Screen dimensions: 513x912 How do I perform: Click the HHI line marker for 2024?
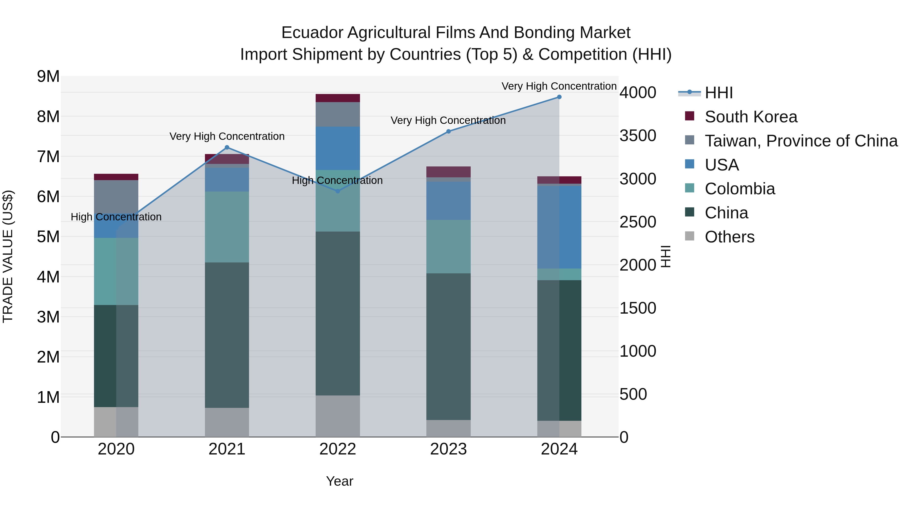point(559,97)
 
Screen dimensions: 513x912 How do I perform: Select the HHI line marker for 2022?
point(337,191)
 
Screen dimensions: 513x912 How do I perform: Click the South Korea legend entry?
point(751,117)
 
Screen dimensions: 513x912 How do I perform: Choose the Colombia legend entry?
point(739,189)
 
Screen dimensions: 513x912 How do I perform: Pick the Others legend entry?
point(729,237)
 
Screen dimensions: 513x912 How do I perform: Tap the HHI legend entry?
point(718,93)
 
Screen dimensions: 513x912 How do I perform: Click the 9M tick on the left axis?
point(48,77)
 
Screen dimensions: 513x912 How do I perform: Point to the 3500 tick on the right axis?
point(638,136)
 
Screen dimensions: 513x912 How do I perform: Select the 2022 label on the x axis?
point(337,449)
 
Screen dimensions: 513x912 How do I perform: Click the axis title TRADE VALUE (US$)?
point(8,256)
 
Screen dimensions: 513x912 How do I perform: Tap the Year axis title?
point(339,481)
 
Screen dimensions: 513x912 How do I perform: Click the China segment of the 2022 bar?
point(337,313)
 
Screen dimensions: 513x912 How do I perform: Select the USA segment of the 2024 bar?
point(559,227)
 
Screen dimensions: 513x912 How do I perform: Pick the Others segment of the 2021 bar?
point(227,422)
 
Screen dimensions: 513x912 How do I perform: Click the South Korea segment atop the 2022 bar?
point(337,98)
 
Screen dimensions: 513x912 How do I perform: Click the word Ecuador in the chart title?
point(312,33)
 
